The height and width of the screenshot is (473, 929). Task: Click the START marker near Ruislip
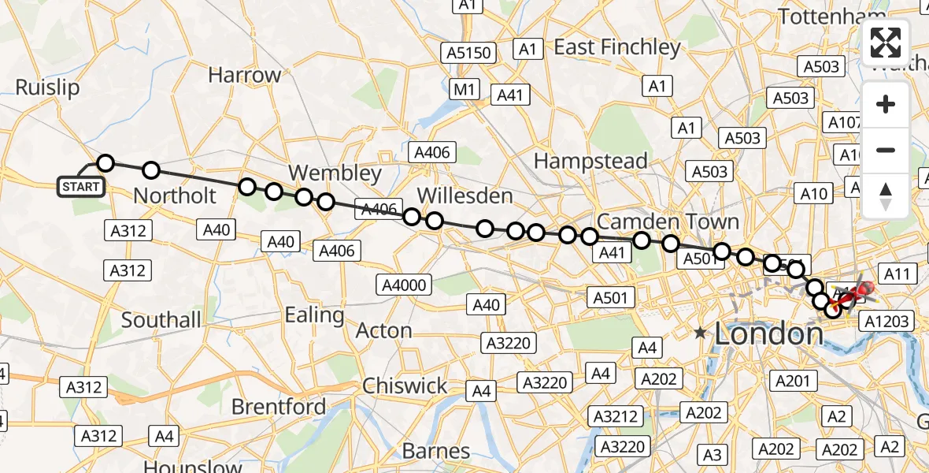[x=80, y=187]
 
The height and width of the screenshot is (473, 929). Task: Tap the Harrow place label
[x=245, y=76]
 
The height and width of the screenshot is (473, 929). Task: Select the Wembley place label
[x=335, y=173]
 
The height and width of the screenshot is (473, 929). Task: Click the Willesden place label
[x=464, y=196]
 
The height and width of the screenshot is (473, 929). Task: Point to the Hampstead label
[x=590, y=161]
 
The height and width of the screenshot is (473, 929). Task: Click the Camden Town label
[x=668, y=221]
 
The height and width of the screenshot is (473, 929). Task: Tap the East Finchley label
[x=617, y=47]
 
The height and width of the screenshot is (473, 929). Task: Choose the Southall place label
[x=161, y=320]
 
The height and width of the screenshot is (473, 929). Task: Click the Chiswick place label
[x=405, y=386]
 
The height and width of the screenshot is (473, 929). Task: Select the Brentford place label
[x=279, y=407]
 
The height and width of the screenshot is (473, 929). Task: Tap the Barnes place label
[x=436, y=452]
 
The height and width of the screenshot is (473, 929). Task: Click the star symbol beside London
[x=701, y=334]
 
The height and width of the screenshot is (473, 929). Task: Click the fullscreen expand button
[x=886, y=43]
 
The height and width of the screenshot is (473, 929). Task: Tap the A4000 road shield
[x=404, y=285]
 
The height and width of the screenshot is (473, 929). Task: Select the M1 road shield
[x=464, y=90]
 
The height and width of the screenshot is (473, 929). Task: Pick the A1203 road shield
[x=887, y=321]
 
